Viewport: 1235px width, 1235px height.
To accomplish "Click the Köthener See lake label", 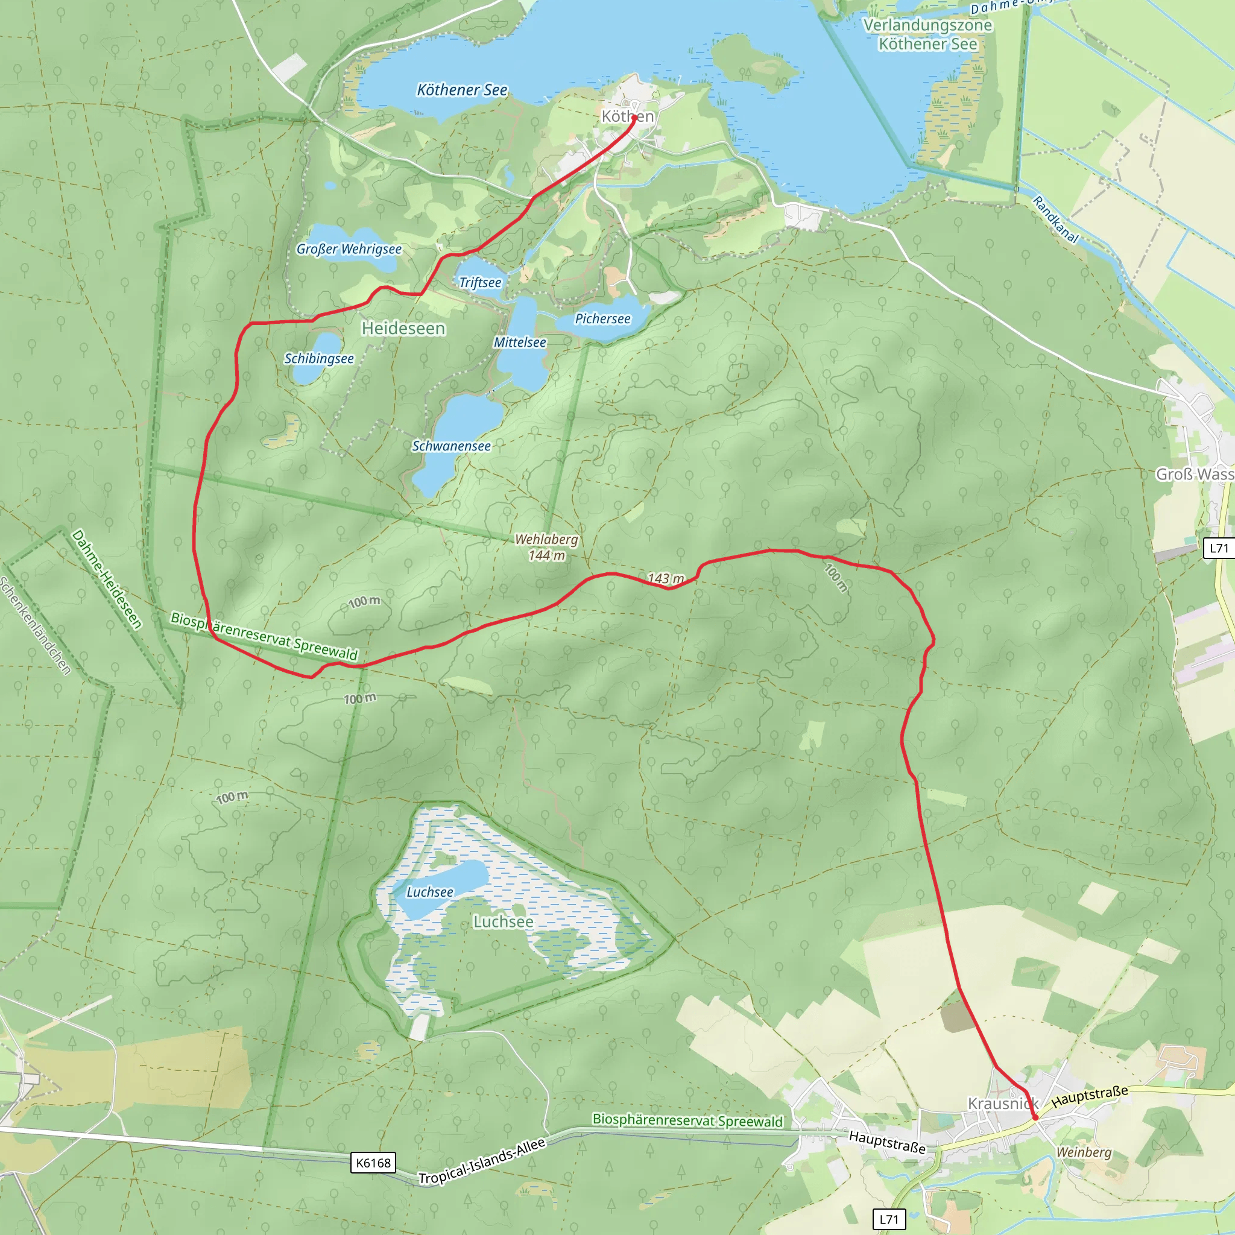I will click(461, 90).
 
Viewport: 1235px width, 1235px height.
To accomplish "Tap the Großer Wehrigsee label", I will click(349, 249).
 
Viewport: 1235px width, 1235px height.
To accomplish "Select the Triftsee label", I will click(480, 283).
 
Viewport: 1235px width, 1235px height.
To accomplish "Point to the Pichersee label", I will click(602, 318).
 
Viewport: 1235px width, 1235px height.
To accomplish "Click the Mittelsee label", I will click(520, 343).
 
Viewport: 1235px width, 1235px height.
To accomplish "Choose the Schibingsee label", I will click(319, 359).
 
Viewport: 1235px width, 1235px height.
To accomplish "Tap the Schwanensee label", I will click(451, 446).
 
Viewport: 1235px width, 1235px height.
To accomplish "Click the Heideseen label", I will click(403, 329).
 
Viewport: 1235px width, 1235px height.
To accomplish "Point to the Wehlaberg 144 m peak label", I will click(546, 547).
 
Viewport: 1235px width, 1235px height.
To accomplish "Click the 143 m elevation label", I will click(666, 578).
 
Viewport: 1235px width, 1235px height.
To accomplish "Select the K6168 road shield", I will click(373, 1163).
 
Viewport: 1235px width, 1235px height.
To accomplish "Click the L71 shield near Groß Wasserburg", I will click(1218, 548).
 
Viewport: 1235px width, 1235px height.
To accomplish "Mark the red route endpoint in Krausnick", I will click(1035, 1117).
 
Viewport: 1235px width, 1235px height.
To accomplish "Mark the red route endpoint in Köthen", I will click(634, 118).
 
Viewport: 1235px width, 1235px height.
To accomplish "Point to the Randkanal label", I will click(1056, 220).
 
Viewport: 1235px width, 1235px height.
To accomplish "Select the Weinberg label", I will click(1084, 1152).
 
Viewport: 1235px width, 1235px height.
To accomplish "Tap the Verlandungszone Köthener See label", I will click(927, 34).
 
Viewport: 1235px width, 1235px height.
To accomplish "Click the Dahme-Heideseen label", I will click(107, 579).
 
